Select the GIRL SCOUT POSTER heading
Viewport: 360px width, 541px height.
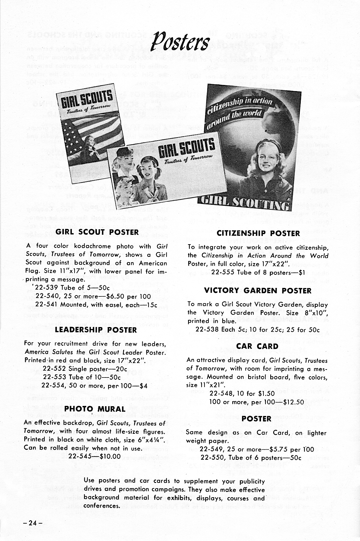[x=97, y=232]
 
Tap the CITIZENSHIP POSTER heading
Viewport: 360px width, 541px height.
[x=258, y=234]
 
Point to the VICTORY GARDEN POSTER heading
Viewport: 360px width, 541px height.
[x=258, y=291]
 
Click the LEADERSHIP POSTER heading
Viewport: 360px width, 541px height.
[x=96, y=330]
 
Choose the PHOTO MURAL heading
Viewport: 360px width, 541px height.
[x=95, y=409]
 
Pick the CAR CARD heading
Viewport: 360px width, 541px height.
[x=257, y=346]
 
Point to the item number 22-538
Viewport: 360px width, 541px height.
[x=207, y=330]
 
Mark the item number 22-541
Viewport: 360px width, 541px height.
[x=46, y=304]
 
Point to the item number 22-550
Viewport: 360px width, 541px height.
[x=212, y=458]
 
